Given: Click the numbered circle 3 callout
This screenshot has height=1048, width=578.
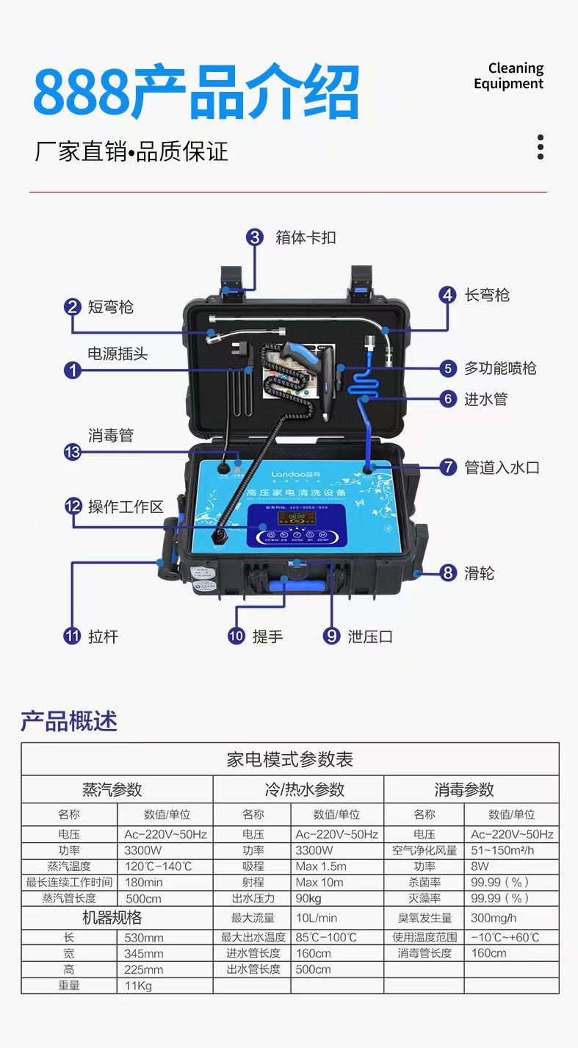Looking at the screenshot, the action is [255, 237].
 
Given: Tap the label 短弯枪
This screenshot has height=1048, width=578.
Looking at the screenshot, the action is [110, 307].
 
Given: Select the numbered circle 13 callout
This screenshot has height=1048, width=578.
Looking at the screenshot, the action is [72, 452].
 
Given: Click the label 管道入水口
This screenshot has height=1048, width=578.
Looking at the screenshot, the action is [502, 467].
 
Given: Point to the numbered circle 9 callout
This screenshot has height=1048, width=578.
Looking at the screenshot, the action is [331, 636].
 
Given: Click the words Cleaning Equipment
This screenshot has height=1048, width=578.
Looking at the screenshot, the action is [508, 76].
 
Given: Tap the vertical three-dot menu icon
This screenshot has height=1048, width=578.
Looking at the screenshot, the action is [541, 147].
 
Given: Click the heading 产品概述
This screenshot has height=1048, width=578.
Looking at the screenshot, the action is [68, 721].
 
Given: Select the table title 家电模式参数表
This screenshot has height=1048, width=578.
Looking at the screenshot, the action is [289, 759].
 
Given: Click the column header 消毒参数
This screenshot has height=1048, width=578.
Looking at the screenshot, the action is [463, 790].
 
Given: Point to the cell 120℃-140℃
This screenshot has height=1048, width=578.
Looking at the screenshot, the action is [158, 866].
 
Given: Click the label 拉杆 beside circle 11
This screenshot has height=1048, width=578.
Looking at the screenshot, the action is [103, 636].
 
